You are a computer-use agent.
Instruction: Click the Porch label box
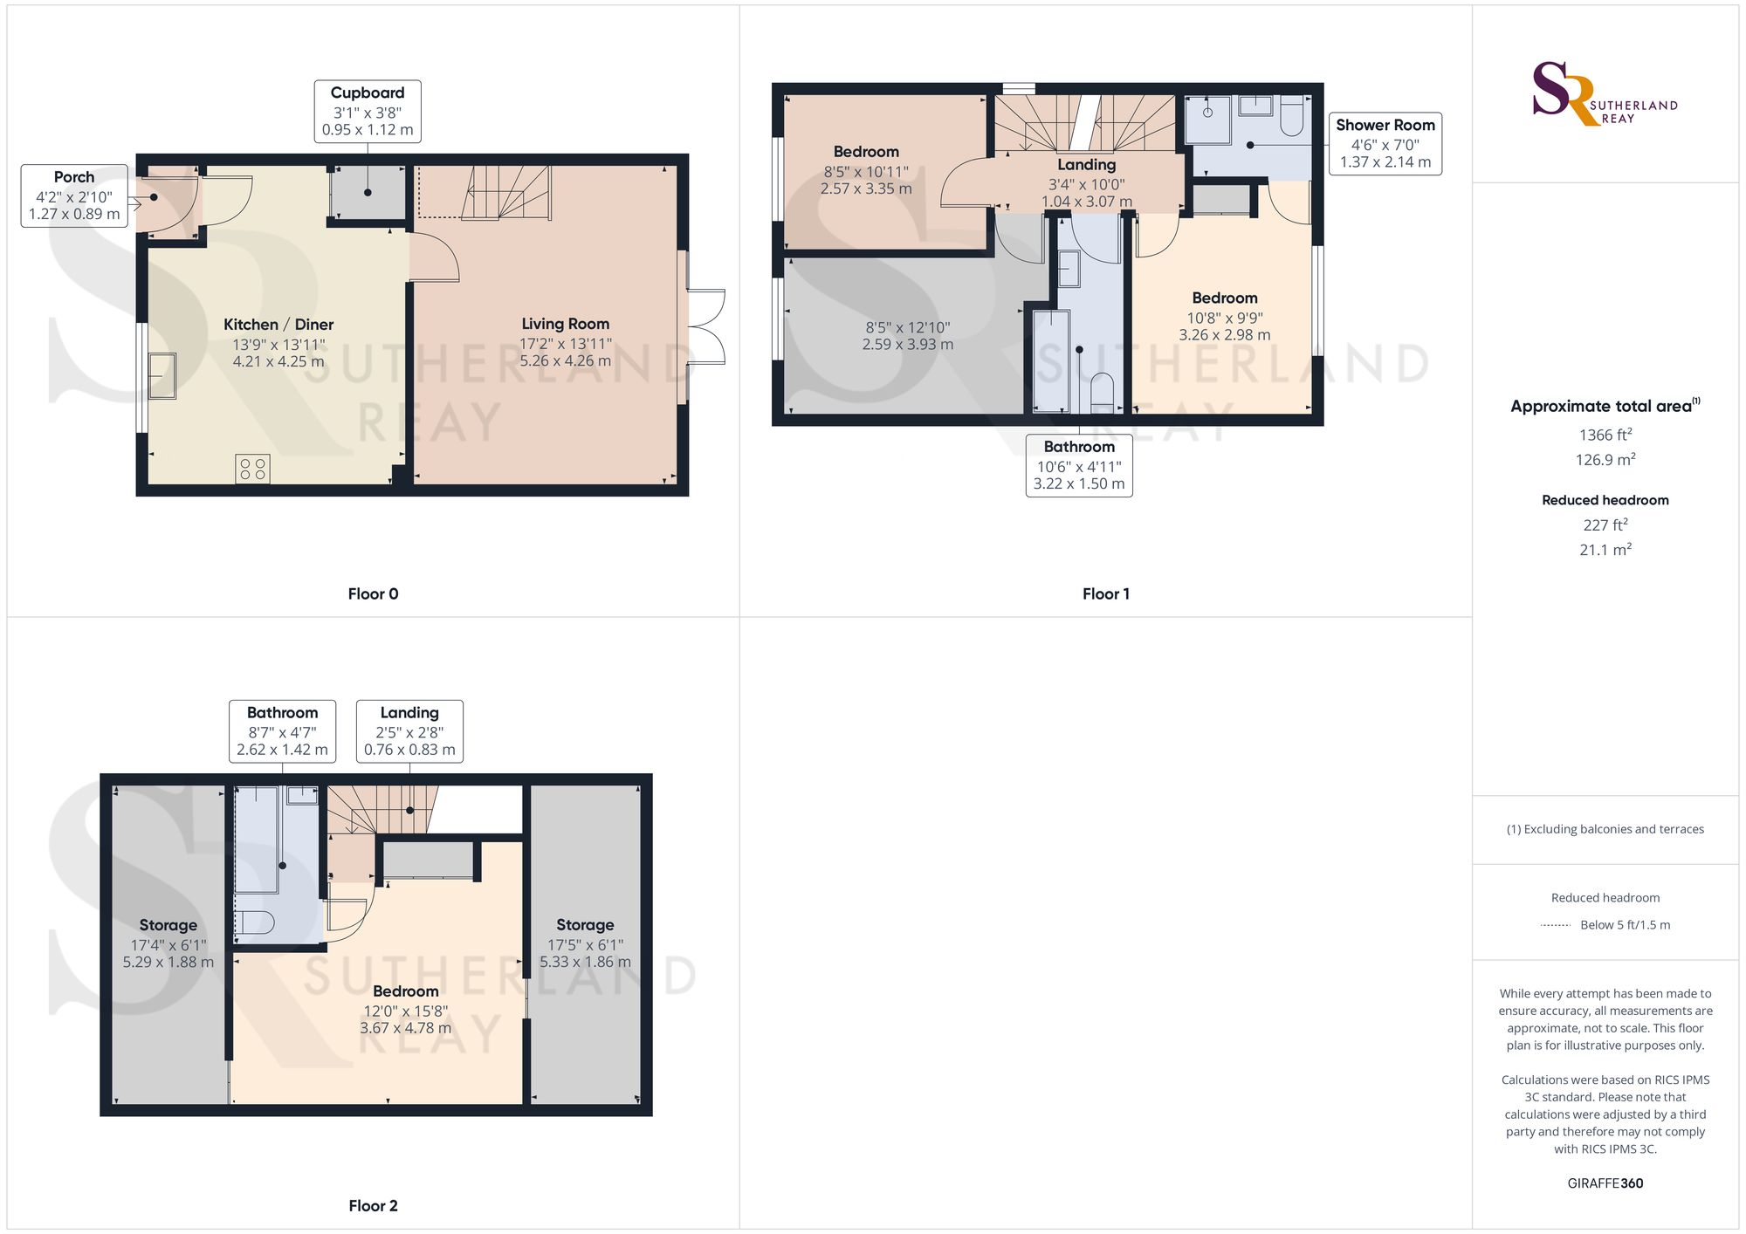click(74, 195)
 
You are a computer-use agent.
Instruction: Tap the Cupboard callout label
click(368, 111)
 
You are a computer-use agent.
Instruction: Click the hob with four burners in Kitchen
click(252, 469)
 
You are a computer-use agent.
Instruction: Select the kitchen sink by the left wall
click(162, 375)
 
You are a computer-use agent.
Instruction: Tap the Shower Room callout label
click(1385, 143)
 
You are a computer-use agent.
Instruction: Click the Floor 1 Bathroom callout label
click(1079, 465)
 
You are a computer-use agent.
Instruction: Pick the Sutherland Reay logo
click(1605, 94)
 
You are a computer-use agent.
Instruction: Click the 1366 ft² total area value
click(1605, 435)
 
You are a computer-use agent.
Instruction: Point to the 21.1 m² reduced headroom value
click(1605, 550)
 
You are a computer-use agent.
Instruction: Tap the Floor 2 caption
click(373, 1205)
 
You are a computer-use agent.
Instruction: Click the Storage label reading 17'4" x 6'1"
click(168, 943)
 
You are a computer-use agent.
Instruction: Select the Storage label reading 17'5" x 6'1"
click(585, 943)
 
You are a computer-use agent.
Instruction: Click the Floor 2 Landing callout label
click(409, 731)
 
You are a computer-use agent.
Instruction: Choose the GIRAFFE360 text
click(1605, 1183)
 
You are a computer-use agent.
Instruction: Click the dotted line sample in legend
click(1555, 925)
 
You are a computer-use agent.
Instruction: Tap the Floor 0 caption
click(373, 593)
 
